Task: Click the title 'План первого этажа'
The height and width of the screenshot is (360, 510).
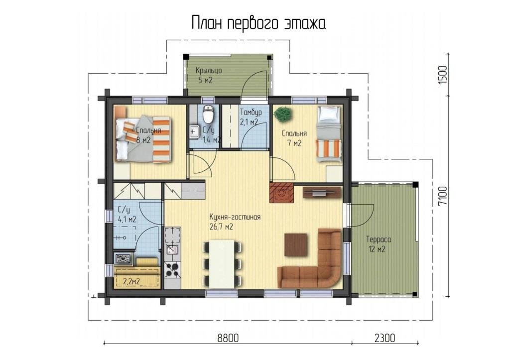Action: [x=258, y=23]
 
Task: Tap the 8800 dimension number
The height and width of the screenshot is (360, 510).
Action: [x=228, y=338]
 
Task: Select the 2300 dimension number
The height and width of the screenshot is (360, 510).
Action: [x=385, y=338]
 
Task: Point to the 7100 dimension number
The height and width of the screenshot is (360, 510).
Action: [x=443, y=196]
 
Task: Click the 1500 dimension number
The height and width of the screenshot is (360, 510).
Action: [x=443, y=75]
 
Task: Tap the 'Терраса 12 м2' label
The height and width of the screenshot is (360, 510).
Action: [x=379, y=244]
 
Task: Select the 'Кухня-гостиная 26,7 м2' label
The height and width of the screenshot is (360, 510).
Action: [x=235, y=222]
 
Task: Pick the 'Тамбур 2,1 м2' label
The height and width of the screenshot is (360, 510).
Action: [x=251, y=117]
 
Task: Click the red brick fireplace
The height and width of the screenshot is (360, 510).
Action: [x=281, y=193]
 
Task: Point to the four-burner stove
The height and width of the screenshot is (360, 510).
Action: [x=173, y=268]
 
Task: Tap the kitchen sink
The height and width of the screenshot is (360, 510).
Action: [x=172, y=249]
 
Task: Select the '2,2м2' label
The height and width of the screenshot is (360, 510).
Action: [x=131, y=281]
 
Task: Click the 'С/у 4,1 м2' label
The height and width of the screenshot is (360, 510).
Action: [x=127, y=215]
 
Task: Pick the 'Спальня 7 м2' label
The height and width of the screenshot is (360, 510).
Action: [x=294, y=138]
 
